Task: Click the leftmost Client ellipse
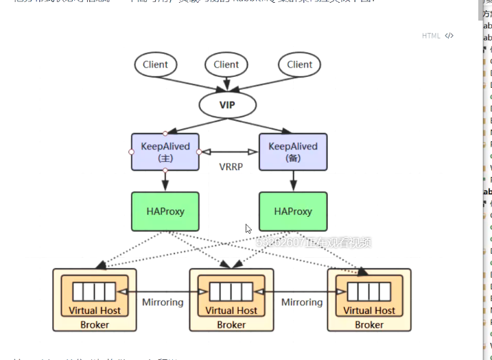tap(155, 64)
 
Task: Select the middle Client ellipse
tap(226, 64)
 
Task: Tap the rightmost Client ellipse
tap(299, 64)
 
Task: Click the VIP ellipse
tap(227, 105)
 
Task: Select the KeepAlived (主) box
tap(165, 152)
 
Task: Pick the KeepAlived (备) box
tap(293, 152)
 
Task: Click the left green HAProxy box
tap(165, 211)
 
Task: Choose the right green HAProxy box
tap(293, 211)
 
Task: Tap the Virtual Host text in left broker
tap(95, 311)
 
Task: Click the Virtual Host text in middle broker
tap(231, 311)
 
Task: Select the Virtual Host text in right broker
tap(368, 311)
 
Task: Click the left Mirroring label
tap(163, 302)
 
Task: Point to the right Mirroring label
tap(301, 302)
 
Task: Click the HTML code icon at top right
tap(449, 36)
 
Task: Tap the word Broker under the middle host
tap(231, 324)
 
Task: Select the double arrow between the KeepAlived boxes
tap(229, 152)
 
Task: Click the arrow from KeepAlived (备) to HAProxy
tap(293, 180)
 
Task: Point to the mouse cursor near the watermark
tap(248, 228)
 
